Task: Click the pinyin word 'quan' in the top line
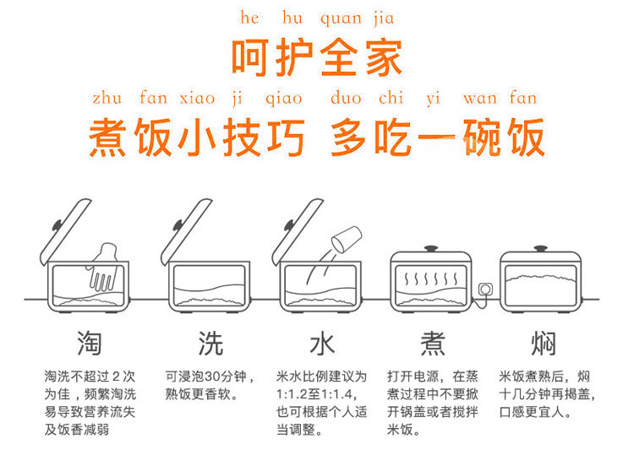(x=341, y=19)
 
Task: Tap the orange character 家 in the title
(x=384, y=57)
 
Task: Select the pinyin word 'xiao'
(x=197, y=98)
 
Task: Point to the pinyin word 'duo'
(x=346, y=98)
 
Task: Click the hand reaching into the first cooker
(x=104, y=267)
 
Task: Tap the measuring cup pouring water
(x=346, y=239)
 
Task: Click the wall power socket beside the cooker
(x=485, y=289)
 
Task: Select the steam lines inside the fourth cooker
(x=431, y=279)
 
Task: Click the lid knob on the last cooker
(x=540, y=248)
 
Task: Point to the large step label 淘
(x=89, y=343)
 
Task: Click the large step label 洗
(x=210, y=344)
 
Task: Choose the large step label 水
(x=322, y=344)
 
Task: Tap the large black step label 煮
(x=433, y=344)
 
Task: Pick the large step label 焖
(x=544, y=344)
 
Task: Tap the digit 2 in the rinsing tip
(x=116, y=377)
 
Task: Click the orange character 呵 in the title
(x=250, y=57)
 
